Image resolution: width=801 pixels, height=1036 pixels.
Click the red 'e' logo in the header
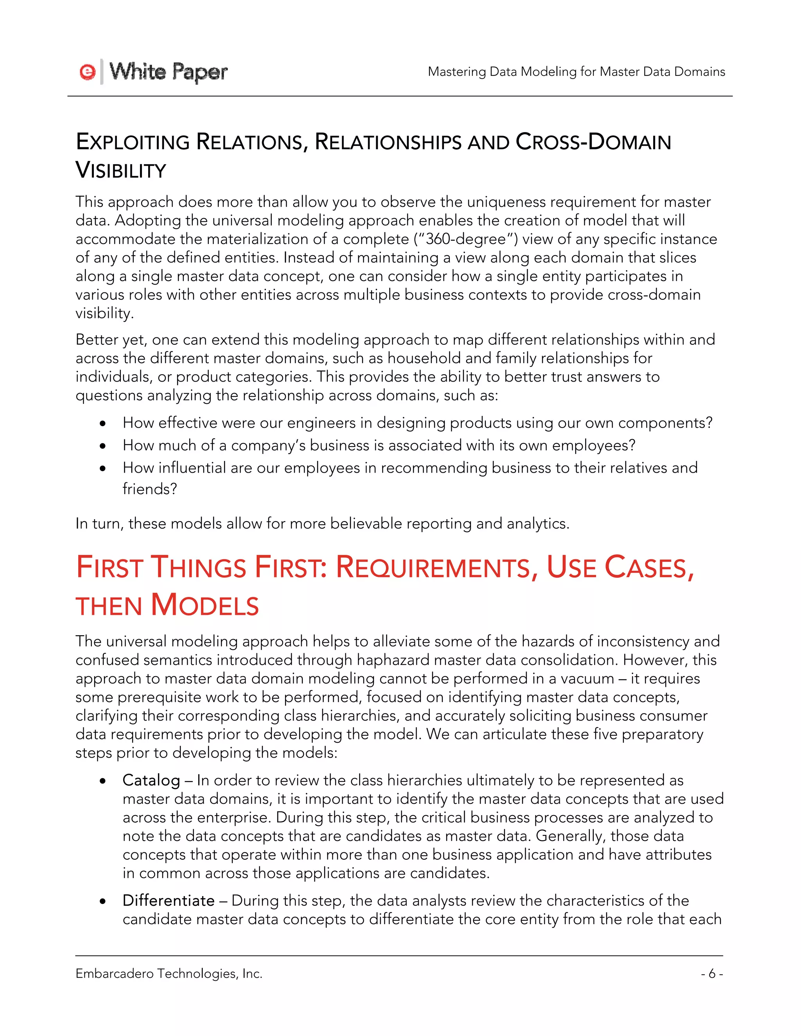click(x=88, y=72)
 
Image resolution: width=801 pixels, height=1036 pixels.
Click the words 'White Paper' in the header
click(x=169, y=72)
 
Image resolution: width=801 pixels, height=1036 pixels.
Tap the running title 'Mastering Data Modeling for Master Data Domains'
click(x=576, y=72)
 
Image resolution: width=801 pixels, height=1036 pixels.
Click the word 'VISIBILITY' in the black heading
click(x=121, y=171)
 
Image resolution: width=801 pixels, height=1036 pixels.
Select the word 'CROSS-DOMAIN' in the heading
click(x=593, y=142)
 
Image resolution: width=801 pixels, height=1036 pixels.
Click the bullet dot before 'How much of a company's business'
click(x=103, y=446)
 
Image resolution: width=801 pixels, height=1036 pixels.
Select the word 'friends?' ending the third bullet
click(x=149, y=489)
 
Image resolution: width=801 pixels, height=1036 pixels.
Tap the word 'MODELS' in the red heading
click(x=205, y=606)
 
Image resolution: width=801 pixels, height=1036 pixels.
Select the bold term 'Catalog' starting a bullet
click(x=151, y=780)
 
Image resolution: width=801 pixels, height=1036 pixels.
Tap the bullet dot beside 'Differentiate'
click(x=103, y=901)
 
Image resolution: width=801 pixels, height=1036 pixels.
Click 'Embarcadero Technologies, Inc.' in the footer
click(x=169, y=974)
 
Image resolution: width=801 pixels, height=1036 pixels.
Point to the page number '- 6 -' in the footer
click(x=711, y=974)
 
